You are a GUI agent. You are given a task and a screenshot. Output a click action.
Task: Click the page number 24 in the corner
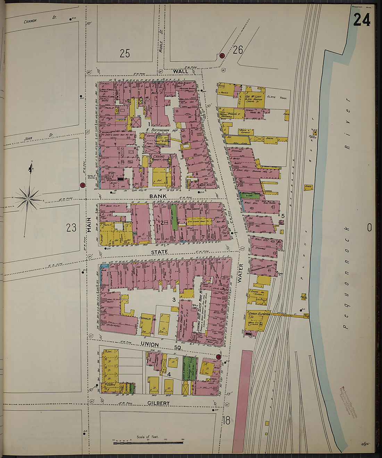point(362,20)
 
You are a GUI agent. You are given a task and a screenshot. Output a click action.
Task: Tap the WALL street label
point(181,71)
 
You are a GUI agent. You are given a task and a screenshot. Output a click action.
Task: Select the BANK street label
point(158,196)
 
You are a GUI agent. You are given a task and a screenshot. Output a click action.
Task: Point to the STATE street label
point(159,252)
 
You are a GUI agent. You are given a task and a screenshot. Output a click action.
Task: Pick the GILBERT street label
point(158,403)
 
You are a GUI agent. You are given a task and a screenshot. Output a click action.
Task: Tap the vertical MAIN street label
point(89,225)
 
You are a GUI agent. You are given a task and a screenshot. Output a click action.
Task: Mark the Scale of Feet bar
point(148,442)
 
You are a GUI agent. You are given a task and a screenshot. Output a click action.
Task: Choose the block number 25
point(125,53)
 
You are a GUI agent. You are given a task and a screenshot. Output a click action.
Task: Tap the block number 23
point(71,228)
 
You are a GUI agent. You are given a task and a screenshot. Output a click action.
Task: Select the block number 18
point(226,421)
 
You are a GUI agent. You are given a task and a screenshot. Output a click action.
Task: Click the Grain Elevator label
point(259,314)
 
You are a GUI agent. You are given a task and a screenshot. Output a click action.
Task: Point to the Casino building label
point(159,157)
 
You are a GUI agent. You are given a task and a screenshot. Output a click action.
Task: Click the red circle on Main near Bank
point(82,185)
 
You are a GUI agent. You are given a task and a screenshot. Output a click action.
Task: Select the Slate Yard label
point(276,97)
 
